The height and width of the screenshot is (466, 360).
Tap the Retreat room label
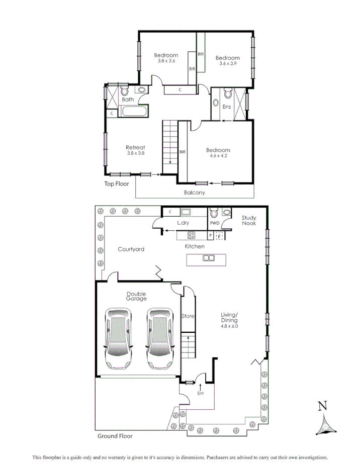(135, 147)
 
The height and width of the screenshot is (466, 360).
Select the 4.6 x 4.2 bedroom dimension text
(218, 156)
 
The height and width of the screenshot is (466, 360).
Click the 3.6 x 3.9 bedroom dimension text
(229, 64)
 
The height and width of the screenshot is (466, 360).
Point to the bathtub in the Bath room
(133, 111)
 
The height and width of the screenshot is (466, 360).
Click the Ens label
(227, 107)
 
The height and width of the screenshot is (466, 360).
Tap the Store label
(188, 316)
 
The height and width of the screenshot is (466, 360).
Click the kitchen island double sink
(208, 259)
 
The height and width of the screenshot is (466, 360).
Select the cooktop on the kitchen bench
(192, 235)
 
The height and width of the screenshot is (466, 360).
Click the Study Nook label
(249, 221)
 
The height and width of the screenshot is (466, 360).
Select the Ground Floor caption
(115, 436)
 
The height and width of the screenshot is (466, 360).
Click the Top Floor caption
(117, 184)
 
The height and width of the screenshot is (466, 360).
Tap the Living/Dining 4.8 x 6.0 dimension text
(229, 326)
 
